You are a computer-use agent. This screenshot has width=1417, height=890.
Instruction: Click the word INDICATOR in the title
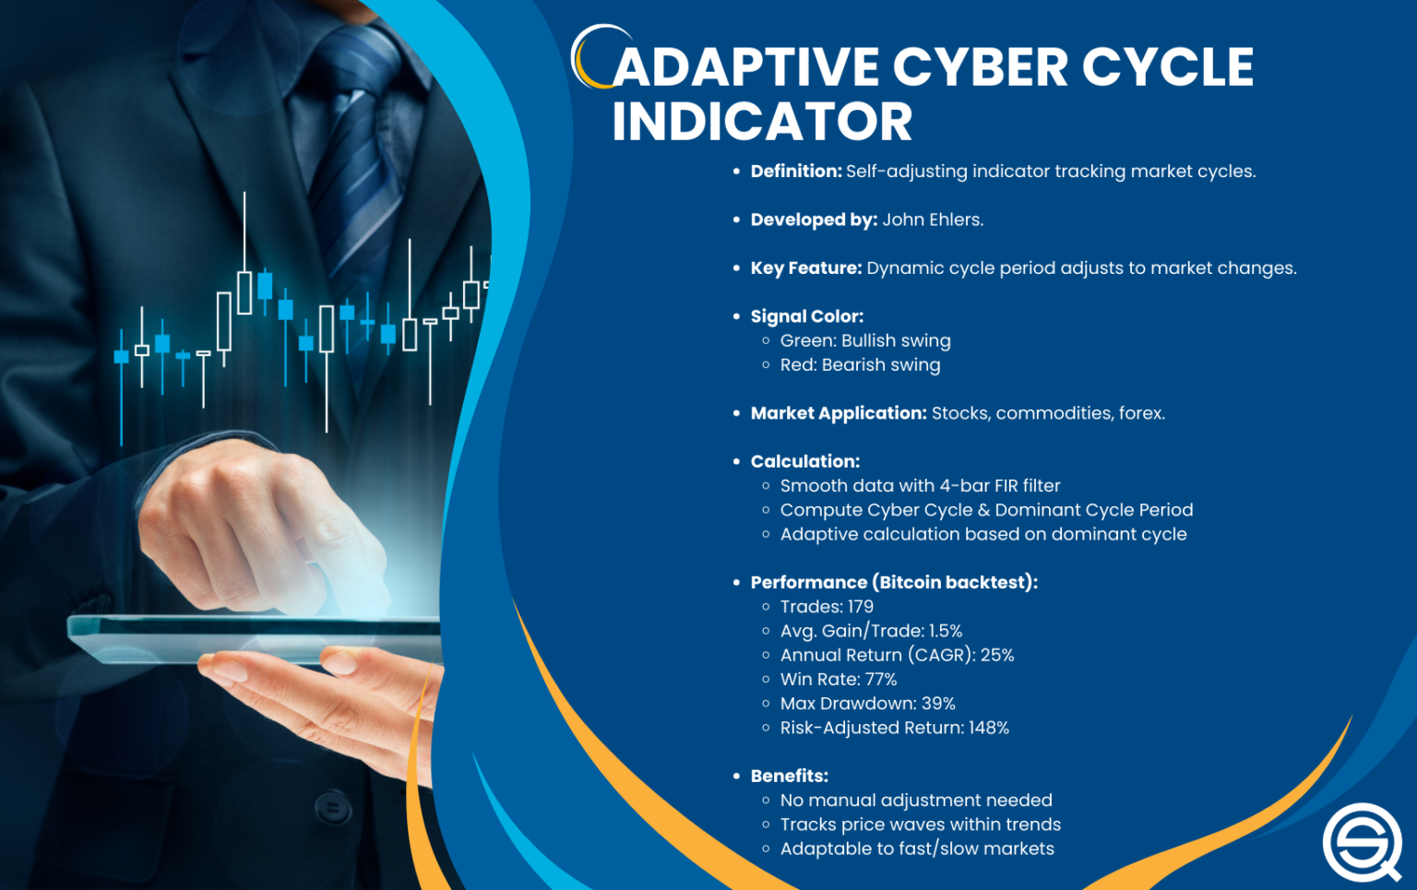(x=762, y=122)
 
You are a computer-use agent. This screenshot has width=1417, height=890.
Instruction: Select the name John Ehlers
(x=933, y=220)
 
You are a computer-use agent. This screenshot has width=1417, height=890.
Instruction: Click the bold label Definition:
(x=796, y=172)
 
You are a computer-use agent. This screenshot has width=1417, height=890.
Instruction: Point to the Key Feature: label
(x=806, y=268)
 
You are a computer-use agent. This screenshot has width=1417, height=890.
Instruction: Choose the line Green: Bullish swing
(x=865, y=341)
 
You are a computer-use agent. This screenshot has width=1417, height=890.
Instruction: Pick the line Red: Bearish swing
(x=860, y=365)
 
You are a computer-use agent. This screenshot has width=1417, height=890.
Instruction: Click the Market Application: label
(x=839, y=413)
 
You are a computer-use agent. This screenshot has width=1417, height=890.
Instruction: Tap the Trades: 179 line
(x=827, y=607)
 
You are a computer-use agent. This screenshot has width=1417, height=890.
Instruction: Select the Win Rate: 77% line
(x=839, y=680)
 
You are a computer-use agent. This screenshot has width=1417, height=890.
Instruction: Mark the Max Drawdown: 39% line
(x=867, y=704)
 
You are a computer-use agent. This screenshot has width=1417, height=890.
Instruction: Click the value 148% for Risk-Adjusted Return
(x=989, y=728)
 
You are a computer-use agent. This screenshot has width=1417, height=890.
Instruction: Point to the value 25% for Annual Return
(x=997, y=656)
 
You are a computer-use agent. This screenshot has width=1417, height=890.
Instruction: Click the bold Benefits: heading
(x=790, y=777)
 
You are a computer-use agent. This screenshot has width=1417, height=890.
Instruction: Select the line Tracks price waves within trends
(x=921, y=825)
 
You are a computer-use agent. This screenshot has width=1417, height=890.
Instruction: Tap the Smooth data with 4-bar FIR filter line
(x=920, y=486)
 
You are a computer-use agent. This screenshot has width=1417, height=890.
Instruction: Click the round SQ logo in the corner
(x=1362, y=841)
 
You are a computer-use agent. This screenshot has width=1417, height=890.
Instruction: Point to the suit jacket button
(x=333, y=810)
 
